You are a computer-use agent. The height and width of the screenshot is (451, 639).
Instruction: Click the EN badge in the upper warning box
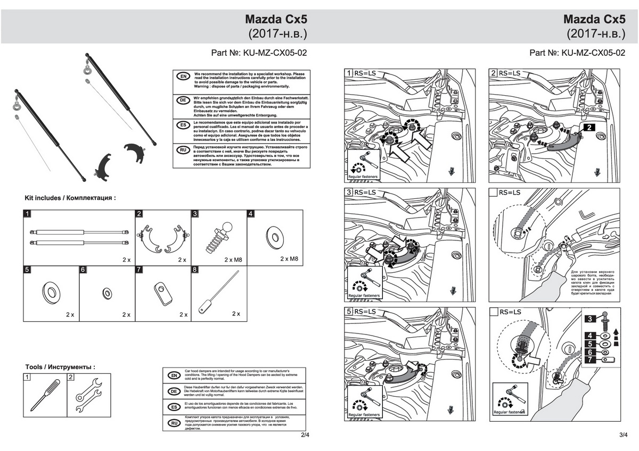click(x=183, y=77)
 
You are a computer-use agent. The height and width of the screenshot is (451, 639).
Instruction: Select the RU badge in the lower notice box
click(x=173, y=423)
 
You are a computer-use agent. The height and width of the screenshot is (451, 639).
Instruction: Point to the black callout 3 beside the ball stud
click(x=589, y=319)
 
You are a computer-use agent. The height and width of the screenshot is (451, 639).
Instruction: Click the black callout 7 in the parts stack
click(x=589, y=360)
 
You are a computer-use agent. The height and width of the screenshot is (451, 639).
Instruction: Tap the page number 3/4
click(x=624, y=435)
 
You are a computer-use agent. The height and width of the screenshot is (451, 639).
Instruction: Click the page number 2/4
click(x=305, y=435)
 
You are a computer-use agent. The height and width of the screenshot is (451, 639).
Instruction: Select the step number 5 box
click(x=349, y=311)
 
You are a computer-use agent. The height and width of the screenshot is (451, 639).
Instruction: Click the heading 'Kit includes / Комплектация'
click(x=70, y=198)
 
